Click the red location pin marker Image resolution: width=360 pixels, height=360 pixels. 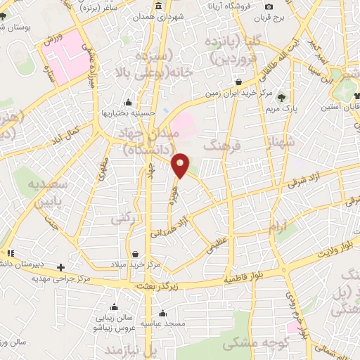(181, 165)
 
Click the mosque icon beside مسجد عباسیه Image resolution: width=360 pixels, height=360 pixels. (162, 314)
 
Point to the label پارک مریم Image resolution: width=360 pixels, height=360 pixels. (283, 110)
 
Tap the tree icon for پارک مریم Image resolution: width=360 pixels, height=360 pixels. (282, 98)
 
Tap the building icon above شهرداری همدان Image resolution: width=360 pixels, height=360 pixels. (158, 6)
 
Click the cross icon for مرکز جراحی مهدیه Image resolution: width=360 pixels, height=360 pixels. (61, 267)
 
